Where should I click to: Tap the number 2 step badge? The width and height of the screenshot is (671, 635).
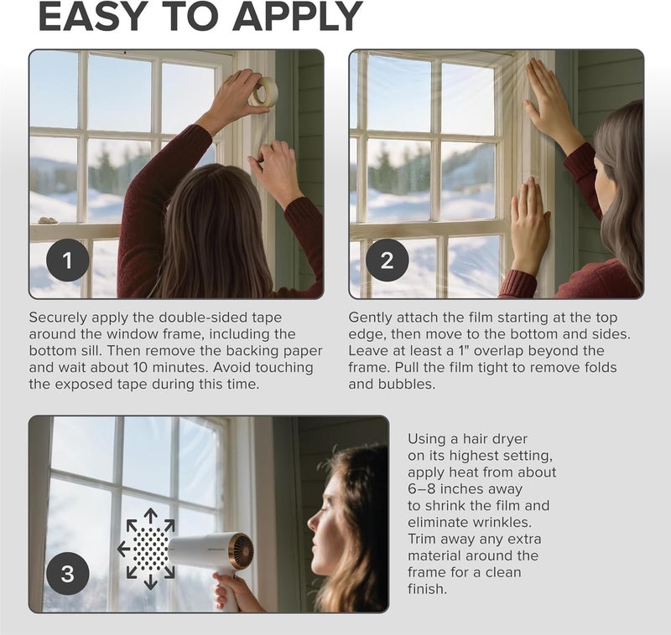[387, 261]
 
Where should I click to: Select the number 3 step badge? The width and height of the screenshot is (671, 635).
[67, 574]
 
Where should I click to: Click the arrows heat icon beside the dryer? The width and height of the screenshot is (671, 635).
[147, 549]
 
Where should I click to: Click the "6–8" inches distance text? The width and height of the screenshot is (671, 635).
[424, 488]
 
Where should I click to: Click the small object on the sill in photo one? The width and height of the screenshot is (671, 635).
[48, 221]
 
